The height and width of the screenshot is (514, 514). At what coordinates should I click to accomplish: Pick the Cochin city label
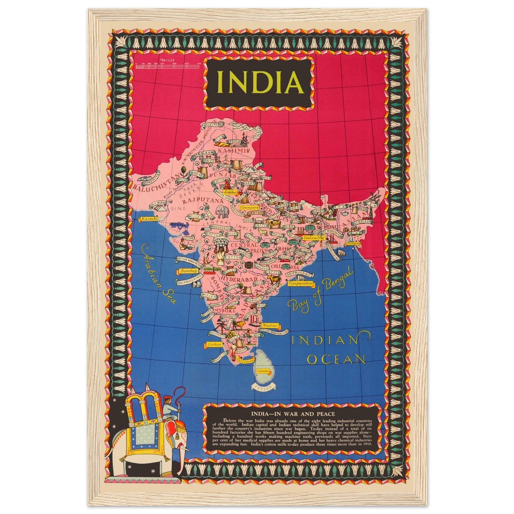tap(214, 344)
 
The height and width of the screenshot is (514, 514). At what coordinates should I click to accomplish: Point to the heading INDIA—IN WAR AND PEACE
tap(293, 414)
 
